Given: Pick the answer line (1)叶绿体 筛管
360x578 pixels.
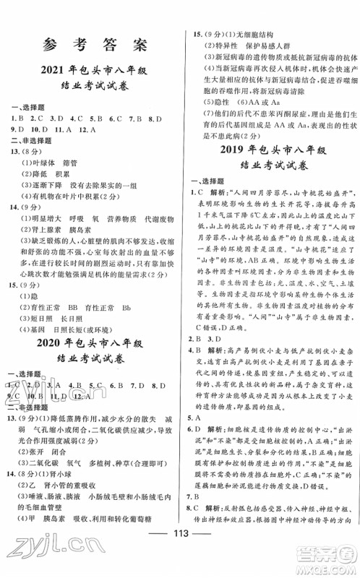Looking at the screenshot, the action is tap(51, 163).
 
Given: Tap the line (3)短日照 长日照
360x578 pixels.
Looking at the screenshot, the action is tap(54, 309).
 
